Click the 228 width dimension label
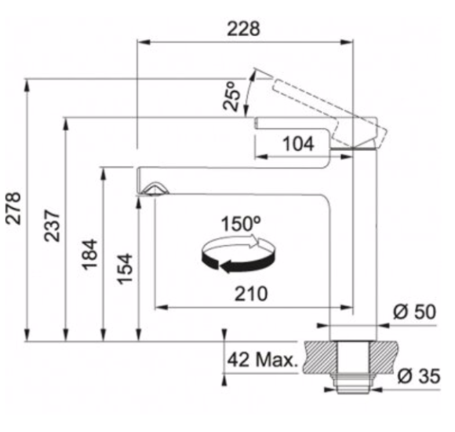click(243, 29)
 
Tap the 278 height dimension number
click(13, 208)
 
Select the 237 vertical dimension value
click(52, 225)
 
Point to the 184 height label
click(89, 254)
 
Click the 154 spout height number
click(125, 269)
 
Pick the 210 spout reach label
click(251, 294)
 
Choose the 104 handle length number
click(298, 144)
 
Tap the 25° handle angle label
click(232, 96)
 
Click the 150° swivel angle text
click(241, 223)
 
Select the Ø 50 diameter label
click(414, 312)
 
